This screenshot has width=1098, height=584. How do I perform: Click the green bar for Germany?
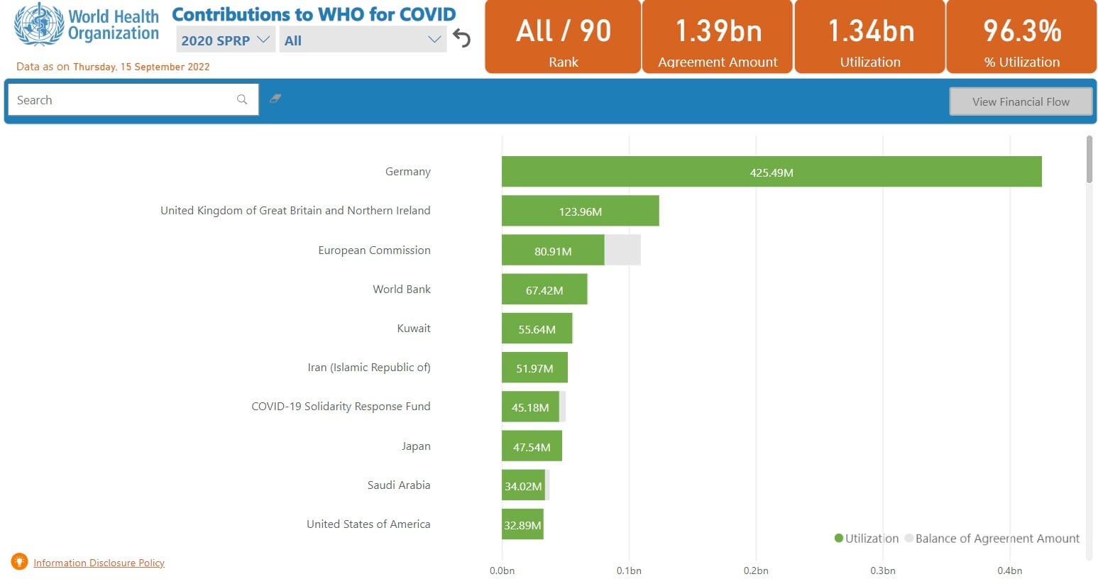pos(772,172)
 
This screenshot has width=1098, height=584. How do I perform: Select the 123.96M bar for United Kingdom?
pos(581,211)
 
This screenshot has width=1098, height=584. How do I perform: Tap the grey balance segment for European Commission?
pos(622,250)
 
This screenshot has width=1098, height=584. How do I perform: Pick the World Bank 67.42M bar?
pos(544,289)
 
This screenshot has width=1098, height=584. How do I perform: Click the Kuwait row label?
pos(414,329)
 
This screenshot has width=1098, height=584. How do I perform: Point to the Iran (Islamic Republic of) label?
pos(369,368)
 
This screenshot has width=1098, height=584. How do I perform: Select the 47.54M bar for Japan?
pos(532,446)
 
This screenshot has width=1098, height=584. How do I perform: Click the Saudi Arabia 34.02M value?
pos(524,486)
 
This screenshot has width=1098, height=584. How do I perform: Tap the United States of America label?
pos(368,524)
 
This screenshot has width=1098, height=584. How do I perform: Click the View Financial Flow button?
pos(1021,101)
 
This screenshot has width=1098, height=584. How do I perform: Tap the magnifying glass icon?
pos(241,99)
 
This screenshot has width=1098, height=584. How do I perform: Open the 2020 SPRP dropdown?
pos(226,40)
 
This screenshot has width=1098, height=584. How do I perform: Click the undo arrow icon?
pos(461,38)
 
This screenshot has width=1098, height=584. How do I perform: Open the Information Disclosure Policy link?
pos(99,563)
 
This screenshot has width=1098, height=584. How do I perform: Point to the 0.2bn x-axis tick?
pos(756,571)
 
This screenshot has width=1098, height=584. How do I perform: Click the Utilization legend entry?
pos(867,539)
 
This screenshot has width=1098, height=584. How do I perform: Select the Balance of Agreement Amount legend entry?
pos(992,539)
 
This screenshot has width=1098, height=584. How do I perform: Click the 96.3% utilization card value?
pos(1022,31)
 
